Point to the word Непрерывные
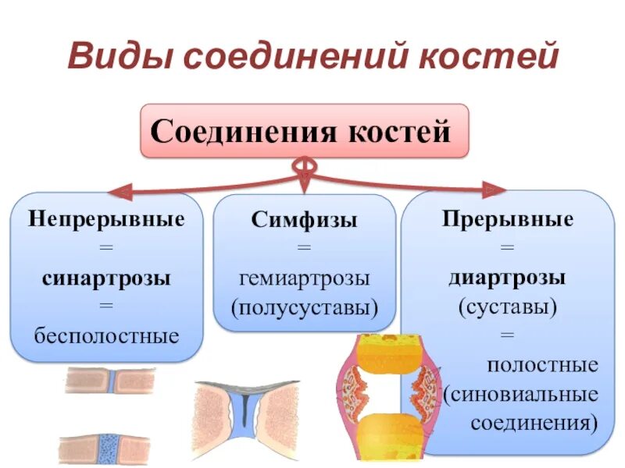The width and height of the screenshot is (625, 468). [107, 218]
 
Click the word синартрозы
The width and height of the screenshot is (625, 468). [107, 278]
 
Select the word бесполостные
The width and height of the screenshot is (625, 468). [107, 336]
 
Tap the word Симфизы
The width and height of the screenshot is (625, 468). [305, 219]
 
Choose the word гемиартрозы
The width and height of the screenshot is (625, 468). [305, 277]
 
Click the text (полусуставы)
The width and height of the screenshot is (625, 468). [305, 307]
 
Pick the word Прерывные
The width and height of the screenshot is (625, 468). [508, 218]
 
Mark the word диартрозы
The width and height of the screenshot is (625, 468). [508, 277]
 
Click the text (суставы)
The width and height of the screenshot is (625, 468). [508, 307]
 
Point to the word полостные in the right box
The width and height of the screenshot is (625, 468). [543, 364]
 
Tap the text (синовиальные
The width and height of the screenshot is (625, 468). [522, 394]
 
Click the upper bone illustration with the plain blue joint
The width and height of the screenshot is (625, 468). [110, 380]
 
